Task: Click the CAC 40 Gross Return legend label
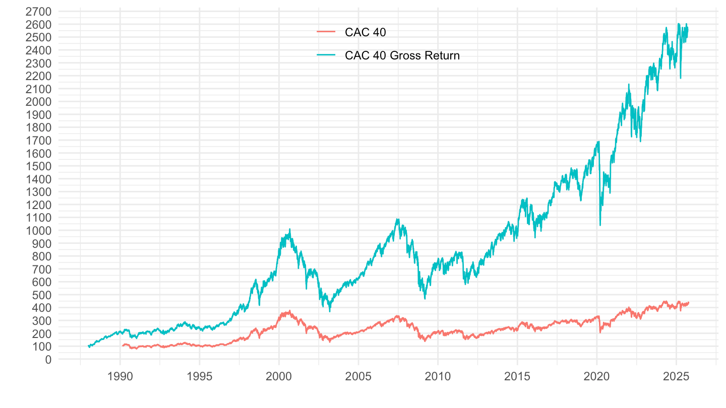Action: (x=402, y=55)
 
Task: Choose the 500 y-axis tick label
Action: (x=43, y=295)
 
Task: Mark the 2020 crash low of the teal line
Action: (x=600, y=225)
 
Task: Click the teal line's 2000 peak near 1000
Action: (x=290, y=229)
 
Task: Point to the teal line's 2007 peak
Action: (x=398, y=219)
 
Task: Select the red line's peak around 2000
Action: (x=290, y=310)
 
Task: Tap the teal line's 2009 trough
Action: (x=425, y=299)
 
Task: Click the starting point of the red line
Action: (x=122, y=346)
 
